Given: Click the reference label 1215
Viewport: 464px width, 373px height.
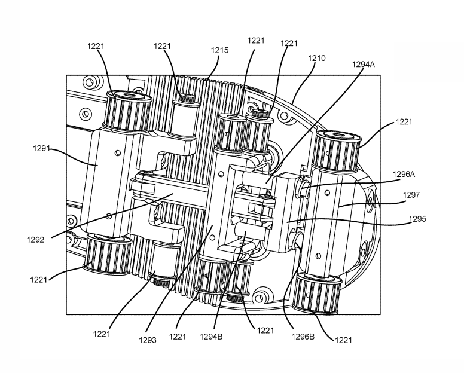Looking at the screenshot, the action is [219, 50].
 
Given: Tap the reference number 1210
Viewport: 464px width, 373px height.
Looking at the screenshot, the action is [317, 58].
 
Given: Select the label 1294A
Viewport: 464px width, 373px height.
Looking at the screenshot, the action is [363, 64].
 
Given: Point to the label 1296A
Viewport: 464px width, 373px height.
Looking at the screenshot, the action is [404, 174].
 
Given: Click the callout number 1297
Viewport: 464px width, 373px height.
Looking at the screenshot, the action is [411, 195].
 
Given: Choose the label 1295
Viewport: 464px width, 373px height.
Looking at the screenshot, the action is [417, 219].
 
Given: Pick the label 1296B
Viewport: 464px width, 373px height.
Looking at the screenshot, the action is [303, 337].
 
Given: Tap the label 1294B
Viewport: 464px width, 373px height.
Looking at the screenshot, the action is [211, 337].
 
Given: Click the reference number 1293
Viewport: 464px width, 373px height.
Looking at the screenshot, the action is [148, 340].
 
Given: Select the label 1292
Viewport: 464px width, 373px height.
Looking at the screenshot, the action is [35, 240].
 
